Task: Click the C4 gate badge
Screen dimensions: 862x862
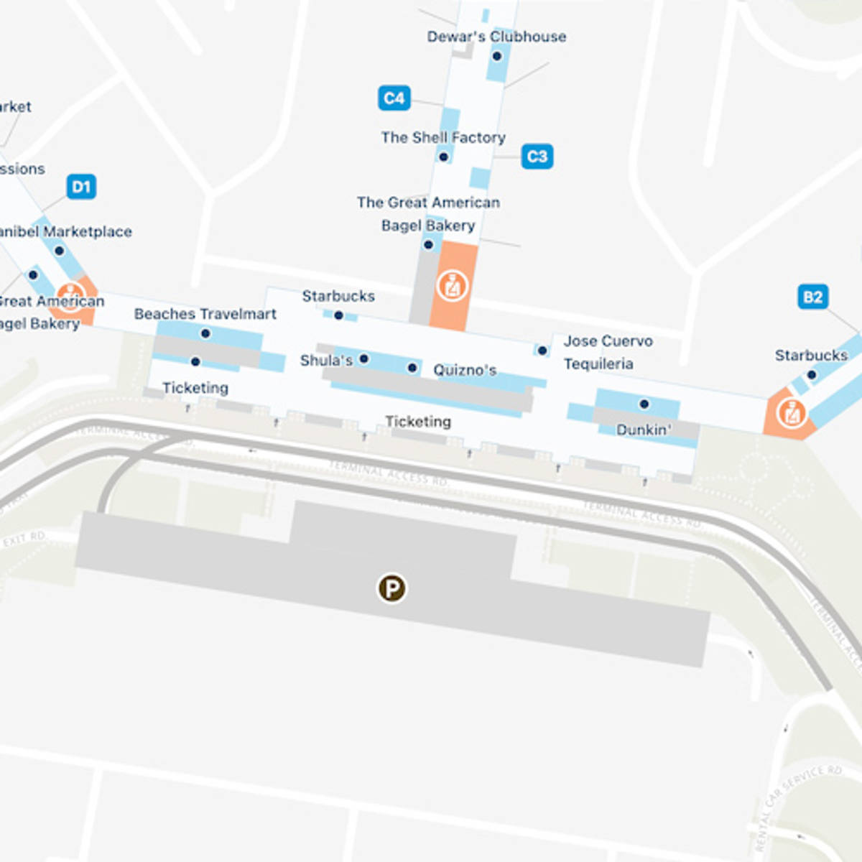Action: (x=394, y=98)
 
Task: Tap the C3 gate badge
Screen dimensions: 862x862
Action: (x=537, y=157)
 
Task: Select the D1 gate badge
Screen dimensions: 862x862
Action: (x=81, y=187)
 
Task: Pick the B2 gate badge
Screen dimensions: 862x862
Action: (x=812, y=297)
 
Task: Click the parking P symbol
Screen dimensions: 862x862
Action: (x=392, y=588)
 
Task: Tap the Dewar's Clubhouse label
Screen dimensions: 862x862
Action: (x=496, y=37)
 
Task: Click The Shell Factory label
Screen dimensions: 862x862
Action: (x=443, y=137)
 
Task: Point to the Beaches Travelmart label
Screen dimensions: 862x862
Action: (x=205, y=314)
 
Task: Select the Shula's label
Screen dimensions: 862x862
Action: (x=325, y=360)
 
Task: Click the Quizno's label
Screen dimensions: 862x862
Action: (x=465, y=370)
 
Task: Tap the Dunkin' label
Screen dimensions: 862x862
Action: (x=644, y=430)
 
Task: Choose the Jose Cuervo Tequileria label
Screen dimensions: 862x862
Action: (x=608, y=352)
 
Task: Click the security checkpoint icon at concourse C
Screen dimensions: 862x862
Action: (x=453, y=286)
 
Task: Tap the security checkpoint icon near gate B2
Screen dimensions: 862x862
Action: (x=792, y=413)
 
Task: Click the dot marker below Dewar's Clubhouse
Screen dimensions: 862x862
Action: (x=497, y=56)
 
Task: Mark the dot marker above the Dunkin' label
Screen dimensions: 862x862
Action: (x=644, y=404)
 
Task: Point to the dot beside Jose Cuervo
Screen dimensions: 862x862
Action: (x=542, y=351)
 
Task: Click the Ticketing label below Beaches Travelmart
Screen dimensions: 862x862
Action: (x=195, y=388)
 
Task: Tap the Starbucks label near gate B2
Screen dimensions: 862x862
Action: (x=811, y=355)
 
